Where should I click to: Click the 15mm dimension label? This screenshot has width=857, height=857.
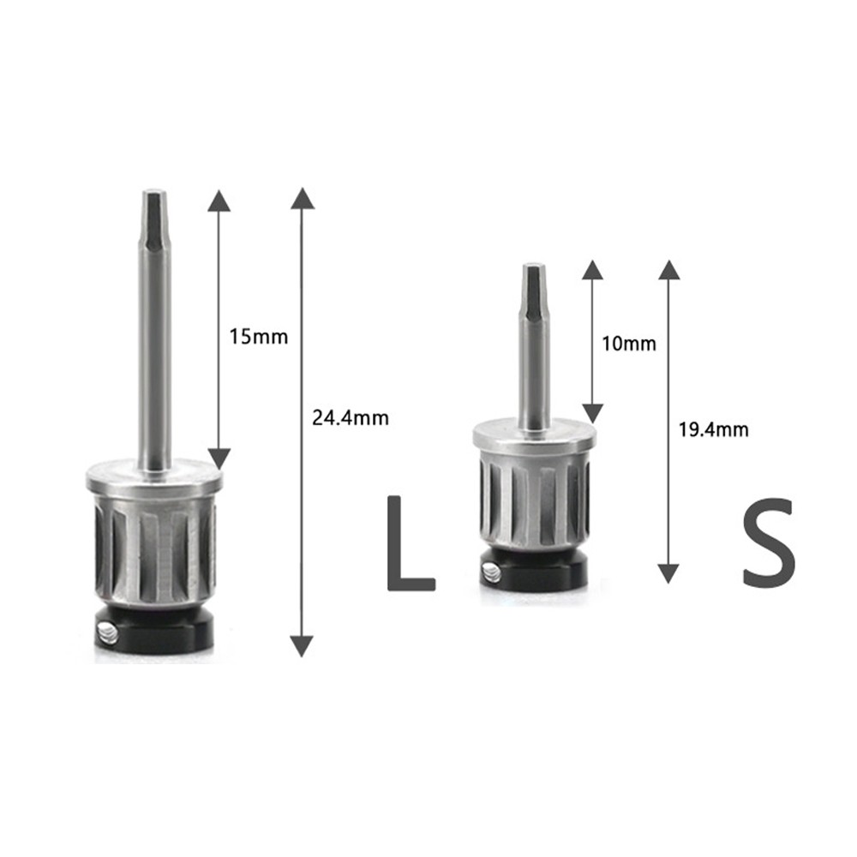[x=258, y=337]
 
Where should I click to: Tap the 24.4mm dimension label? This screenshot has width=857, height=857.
[x=351, y=418]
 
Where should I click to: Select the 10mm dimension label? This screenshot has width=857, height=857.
[x=628, y=344]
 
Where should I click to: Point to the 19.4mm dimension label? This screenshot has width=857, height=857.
[x=713, y=429]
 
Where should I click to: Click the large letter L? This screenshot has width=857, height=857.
[x=411, y=543]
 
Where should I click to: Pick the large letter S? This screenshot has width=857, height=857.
[x=768, y=542]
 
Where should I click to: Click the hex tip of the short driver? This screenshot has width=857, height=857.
[x=533, y=290]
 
